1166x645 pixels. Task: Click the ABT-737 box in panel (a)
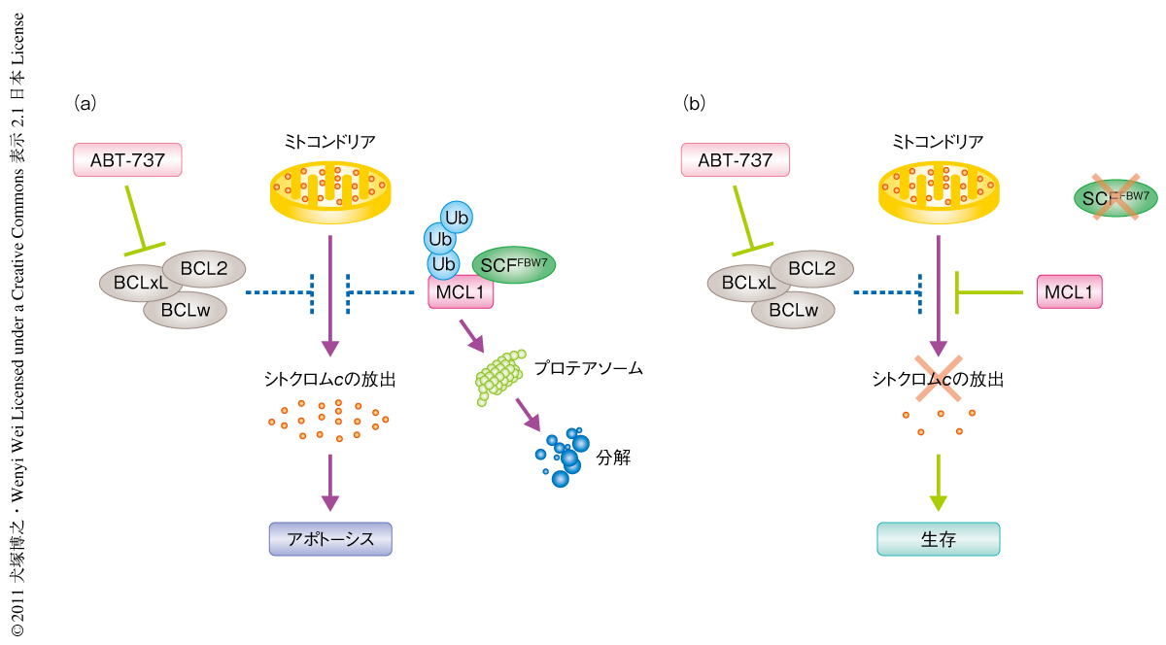127,160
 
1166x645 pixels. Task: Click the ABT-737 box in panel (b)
735,160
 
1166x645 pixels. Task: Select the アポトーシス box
330,539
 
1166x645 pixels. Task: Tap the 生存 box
938,539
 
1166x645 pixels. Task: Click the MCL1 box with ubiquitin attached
462,292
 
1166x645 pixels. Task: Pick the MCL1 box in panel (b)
1070,291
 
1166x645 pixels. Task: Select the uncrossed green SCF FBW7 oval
513,264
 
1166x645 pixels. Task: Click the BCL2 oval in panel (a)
203,268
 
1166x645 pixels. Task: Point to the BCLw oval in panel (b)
793,311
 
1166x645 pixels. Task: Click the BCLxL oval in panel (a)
140,283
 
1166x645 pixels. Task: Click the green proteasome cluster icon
500,375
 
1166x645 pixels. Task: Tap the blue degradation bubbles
563,457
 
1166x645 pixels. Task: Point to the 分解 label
616,458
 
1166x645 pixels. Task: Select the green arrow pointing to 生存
938,481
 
